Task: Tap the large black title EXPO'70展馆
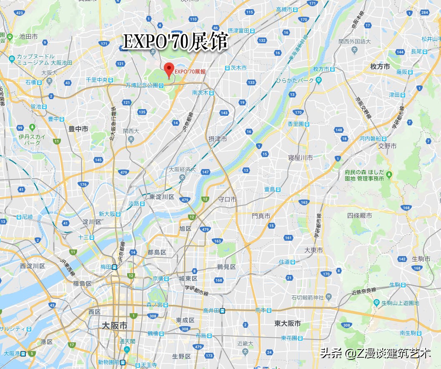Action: [175, 42]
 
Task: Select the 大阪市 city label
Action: [115, 326]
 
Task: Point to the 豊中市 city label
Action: [78, 130]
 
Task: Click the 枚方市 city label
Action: [380, 67]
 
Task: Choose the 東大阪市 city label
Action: [288, 323]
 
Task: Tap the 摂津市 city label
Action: [218, 139]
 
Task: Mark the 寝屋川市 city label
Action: [300, 157]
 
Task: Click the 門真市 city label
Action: [261, 216]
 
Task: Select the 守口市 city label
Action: [227, 199]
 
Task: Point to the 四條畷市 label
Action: [359, 215]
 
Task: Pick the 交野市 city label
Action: [387, 146]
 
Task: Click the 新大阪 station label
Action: [107, 214]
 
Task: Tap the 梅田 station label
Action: [106, 267]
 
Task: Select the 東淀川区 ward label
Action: [162, 197]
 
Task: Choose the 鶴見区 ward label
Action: [226, 267]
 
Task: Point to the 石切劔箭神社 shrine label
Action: [308, 297]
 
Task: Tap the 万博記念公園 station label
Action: [142, 85]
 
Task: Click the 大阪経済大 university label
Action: [182, 170]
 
